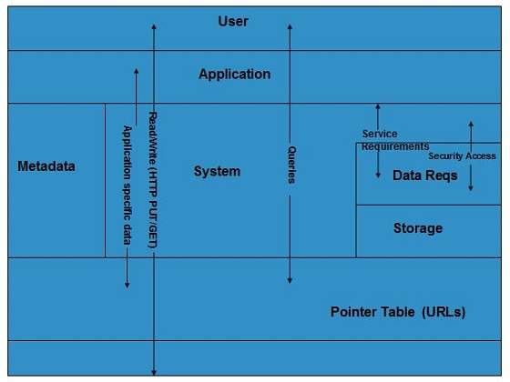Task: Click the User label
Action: point(233,21)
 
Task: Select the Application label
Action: point(234,74)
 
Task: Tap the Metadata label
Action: point(46,166)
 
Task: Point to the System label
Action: point(217,171)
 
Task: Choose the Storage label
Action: point(417,227)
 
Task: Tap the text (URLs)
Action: point(444,312)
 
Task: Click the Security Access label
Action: point(462,156)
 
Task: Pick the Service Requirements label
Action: point(393,140)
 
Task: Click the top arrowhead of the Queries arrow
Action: point(290,28)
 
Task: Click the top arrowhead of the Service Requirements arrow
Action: point(378,107)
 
